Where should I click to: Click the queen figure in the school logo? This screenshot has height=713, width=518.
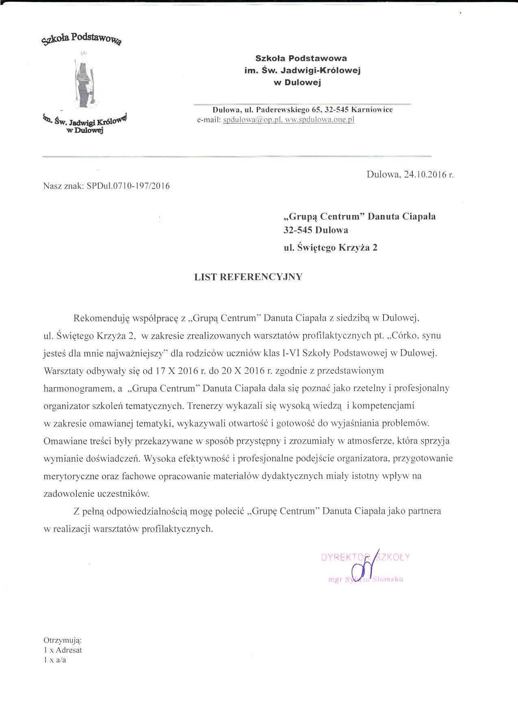84,79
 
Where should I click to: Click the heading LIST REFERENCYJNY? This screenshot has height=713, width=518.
248,277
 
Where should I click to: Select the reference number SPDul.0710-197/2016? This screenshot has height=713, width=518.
128,186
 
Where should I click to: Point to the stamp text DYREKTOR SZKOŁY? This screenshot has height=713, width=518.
365,557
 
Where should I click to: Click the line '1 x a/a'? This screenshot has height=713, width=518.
55,660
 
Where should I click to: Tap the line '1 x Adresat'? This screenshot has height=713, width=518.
63,650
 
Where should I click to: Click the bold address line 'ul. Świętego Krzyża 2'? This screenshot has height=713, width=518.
330,247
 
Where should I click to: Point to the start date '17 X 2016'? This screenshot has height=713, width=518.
177,371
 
